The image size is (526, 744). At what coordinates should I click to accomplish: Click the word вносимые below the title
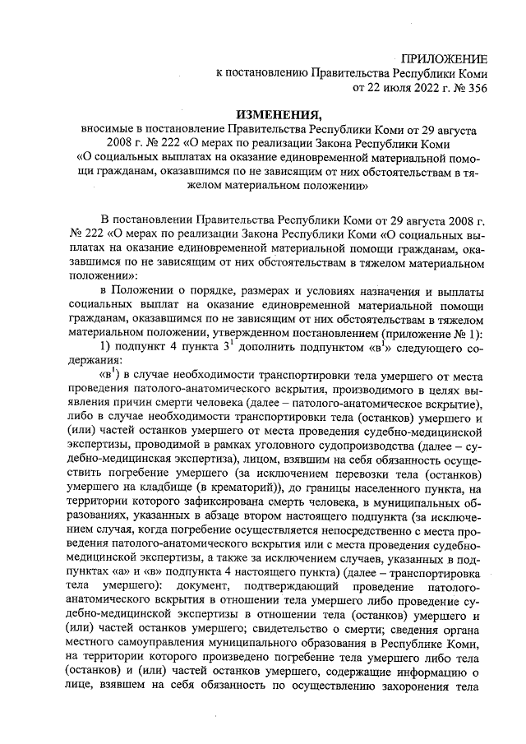pos(105,130)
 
